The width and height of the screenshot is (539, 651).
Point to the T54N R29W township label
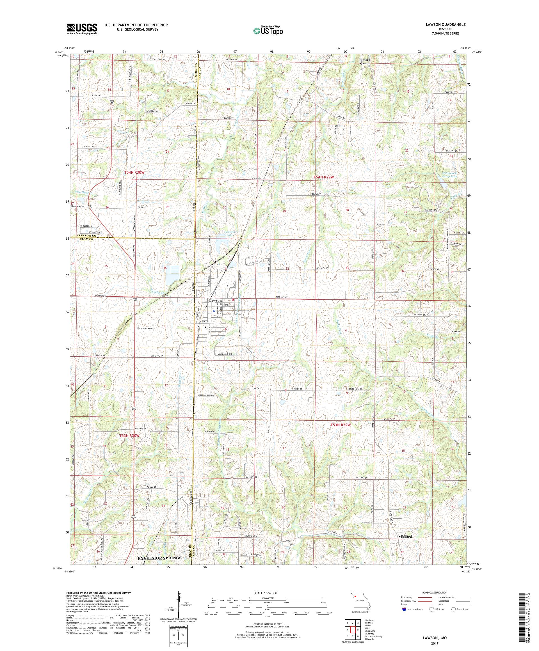tap(323, 177)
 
